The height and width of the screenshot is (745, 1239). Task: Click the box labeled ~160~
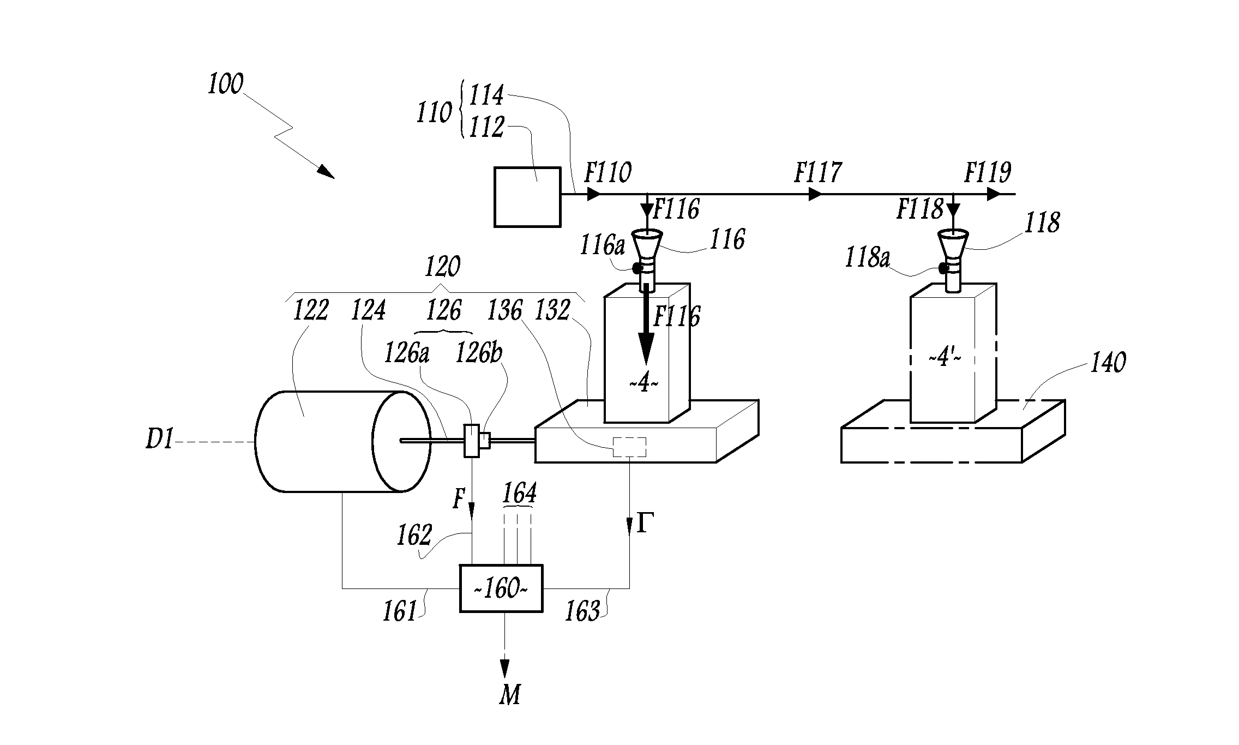pyautogui.click(x=501, y=588)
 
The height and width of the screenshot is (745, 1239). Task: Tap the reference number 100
pyautogui.click(x=225, y=86)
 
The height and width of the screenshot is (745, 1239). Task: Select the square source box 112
pyautogui.click(x=527, y=197)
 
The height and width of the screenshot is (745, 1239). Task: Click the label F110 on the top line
pyautogui.click(x=608, y=173)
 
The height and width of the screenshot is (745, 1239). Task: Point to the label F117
pyautogui.click(x=817, y=173)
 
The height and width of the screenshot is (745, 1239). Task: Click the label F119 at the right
pyautogui.click(x=988, y=173)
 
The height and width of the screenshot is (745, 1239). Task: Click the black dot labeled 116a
pyautogui.click(x=636, y=268)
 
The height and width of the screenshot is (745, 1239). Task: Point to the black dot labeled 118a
pyautogui.click(x=942, y=268)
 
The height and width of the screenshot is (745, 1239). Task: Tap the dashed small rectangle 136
pyautogui.click(x=629, y=447)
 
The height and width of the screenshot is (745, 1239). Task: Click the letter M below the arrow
pyautogui.click(x=510, y=695)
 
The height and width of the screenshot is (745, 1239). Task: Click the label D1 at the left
pyautogui.click(x=159, y=440)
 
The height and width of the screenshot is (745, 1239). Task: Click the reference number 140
pyautogui.click(x=1108, y=363)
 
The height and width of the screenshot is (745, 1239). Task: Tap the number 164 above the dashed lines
pyautogui.click(x=519, y=494)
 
